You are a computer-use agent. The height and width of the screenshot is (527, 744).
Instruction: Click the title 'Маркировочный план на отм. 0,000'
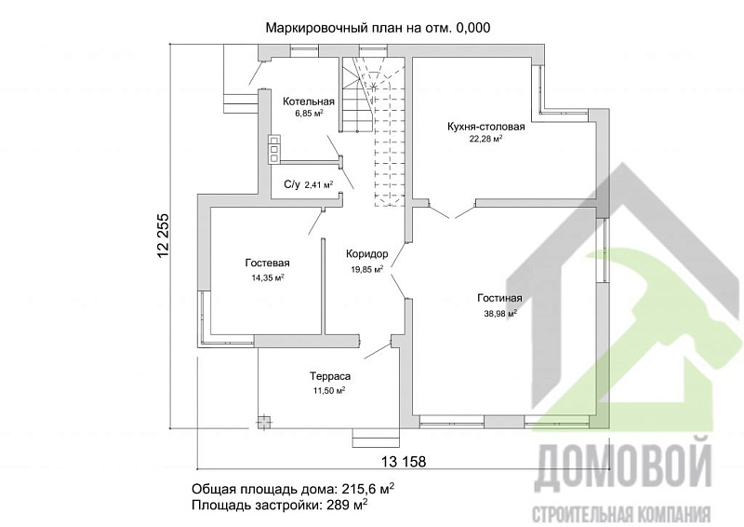click(378, 28)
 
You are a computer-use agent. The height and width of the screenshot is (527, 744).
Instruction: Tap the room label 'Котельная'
click(309, 101)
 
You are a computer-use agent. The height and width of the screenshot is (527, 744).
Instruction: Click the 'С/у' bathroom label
click(291, 184)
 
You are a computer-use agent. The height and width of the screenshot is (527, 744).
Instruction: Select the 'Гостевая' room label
click(268, 263)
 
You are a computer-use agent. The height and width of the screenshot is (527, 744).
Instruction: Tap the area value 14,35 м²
click(268, 277)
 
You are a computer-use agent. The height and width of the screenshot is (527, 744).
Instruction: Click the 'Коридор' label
click(366, 253)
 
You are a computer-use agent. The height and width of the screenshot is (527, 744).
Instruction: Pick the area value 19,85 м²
click(366, 269)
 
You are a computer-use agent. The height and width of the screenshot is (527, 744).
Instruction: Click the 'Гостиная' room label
click(500, 299)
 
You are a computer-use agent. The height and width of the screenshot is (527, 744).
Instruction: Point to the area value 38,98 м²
click(500, 314)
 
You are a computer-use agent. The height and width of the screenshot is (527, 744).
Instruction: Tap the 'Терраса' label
click(329, 377)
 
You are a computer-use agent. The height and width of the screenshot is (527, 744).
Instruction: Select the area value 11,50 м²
click(329, 391)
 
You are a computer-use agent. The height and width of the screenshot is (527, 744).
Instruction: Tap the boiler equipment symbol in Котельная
click(274, 149)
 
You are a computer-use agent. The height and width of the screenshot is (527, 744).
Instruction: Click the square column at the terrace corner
click(265, 422)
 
